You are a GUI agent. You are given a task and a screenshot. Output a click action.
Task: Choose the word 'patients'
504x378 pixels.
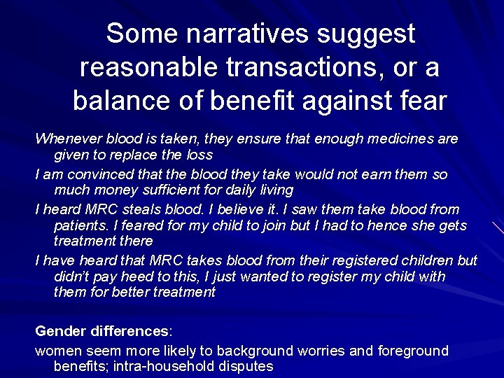tap(81, 225)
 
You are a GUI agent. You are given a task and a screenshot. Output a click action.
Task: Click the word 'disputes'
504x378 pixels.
tap(246, 366)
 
